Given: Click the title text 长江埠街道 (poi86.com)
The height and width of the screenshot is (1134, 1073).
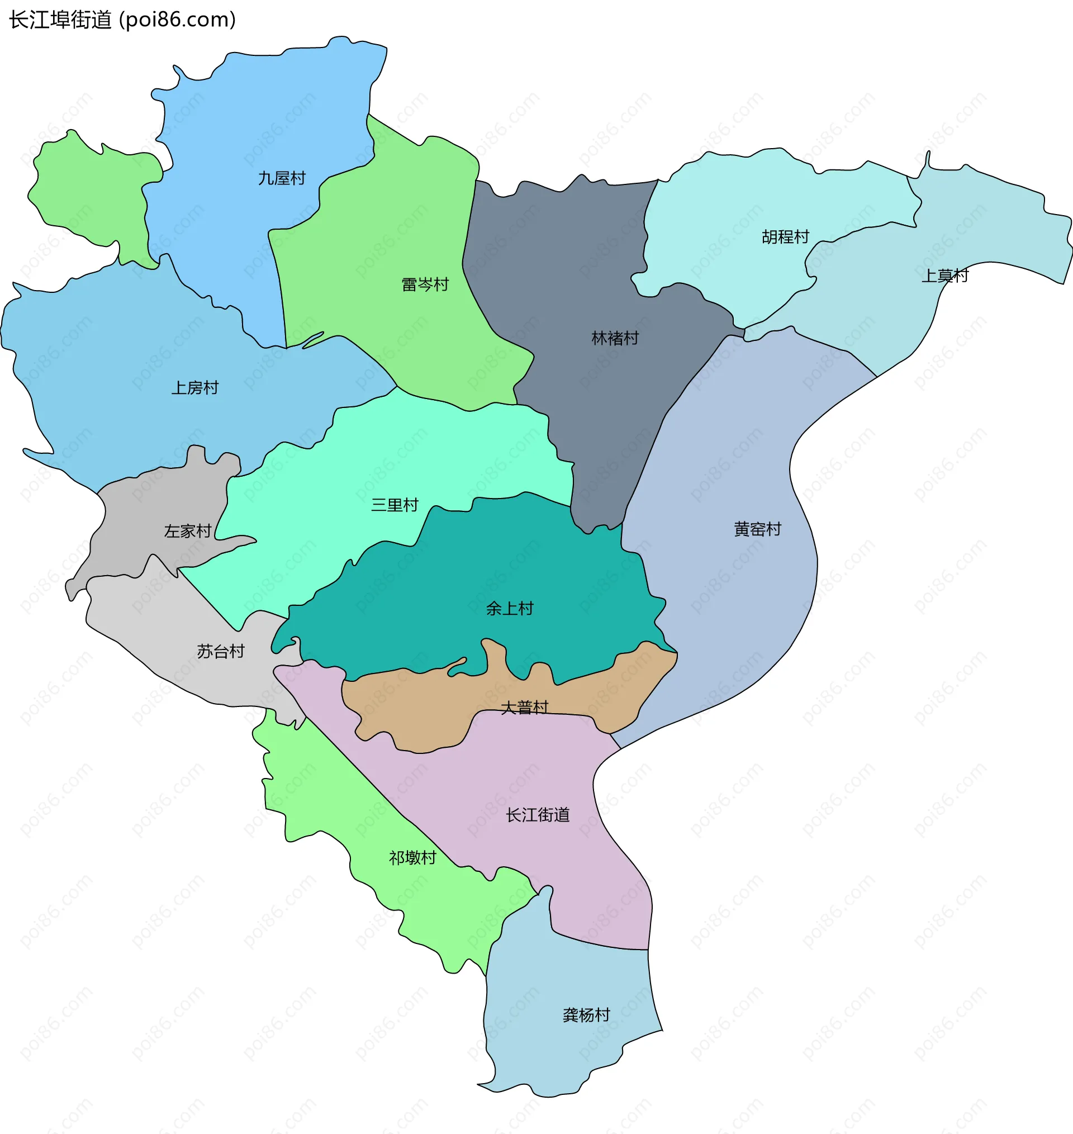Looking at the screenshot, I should (x=122, y=20).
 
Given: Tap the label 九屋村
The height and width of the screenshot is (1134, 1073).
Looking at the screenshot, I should (x=282, y=178).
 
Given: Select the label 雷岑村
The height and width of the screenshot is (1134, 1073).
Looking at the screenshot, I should (x=425, y=284).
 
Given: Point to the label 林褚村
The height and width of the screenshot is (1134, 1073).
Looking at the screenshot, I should (x=615, y=338).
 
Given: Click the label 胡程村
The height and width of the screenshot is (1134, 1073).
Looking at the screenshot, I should (x=785, y=237).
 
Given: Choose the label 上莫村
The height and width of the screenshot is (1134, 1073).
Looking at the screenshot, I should (x=944, y=276).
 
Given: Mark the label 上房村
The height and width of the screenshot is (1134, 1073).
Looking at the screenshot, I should (x=195, y=388).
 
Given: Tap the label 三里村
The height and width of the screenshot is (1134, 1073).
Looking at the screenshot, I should (x=395, y=504).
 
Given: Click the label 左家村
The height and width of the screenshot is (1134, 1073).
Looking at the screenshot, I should (x=188, y=532).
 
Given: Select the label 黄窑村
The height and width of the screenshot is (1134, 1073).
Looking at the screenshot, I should (x=757, y=529).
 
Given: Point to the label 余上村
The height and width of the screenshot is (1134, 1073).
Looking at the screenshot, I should (x=510, y=608).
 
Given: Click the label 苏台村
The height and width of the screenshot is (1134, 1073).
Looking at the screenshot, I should (x=221, y=651).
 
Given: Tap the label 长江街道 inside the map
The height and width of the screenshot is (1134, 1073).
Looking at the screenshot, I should (x=538, y=815).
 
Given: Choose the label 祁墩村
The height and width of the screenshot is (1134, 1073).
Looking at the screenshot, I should (x=412, y=858).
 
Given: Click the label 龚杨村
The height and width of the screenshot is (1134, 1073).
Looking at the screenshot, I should (x=586, y=1014).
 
